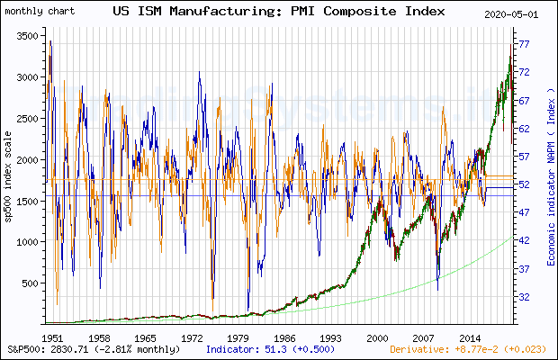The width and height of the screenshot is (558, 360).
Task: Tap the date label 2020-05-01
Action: pyautogui.click(x=521, y=14)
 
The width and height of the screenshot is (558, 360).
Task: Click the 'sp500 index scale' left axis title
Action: pyautogui.click(x=9, y=180)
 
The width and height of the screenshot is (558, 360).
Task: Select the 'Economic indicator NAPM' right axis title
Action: pyautogui.click(x=549, y=180)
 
